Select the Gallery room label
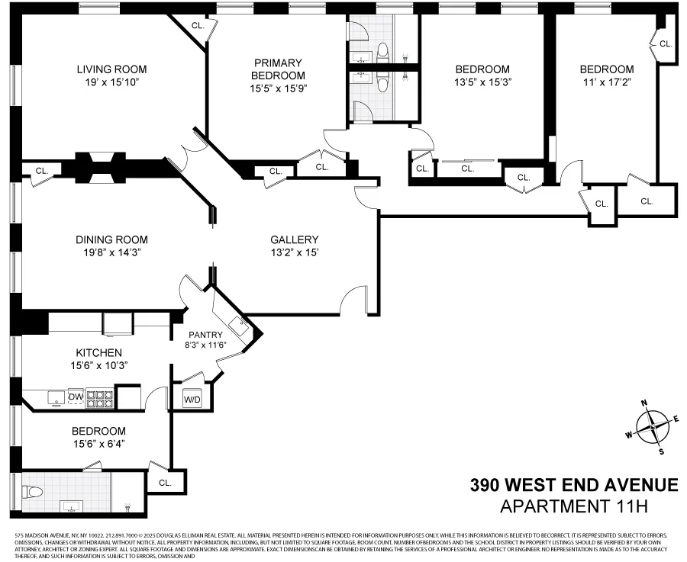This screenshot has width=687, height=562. (x=294, y=239)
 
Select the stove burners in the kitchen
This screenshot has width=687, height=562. (x=100, y=397)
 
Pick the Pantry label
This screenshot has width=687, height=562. (x=206, y=335)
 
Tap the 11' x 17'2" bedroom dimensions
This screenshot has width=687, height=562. (x=606, y=82)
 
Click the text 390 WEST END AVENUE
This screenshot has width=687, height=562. (x=573, y=485)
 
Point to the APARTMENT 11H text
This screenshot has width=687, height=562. (x=589, y=506)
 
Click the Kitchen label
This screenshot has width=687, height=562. (x=98, y=352)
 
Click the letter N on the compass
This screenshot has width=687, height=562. (x=643, y=403)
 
